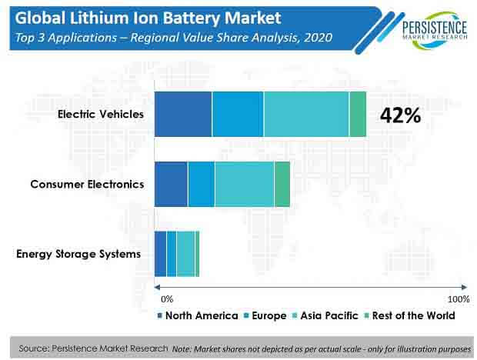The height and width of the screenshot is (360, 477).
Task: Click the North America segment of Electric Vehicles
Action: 183,115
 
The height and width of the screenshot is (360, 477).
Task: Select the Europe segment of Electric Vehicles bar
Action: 238,115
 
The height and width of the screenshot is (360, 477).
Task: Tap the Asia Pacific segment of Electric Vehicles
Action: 306,115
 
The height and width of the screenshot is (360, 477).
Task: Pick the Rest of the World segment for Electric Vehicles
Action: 358,115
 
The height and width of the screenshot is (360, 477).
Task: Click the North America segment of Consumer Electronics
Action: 171,185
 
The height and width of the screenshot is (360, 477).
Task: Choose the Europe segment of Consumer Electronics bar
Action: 201,185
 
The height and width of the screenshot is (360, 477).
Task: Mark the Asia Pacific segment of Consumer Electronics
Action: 244,185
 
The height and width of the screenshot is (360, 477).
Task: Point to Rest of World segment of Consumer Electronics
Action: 282,185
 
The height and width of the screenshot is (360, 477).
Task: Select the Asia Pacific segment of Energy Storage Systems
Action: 185,254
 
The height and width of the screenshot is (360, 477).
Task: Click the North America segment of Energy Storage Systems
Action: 160,254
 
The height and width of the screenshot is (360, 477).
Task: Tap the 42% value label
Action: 400,115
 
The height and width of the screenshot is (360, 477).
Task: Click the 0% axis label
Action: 167,298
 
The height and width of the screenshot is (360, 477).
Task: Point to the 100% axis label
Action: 457,298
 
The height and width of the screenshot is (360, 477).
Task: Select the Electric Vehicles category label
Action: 101,115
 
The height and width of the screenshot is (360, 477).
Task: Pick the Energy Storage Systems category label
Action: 78,254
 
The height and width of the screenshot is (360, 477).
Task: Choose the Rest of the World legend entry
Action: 414,315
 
